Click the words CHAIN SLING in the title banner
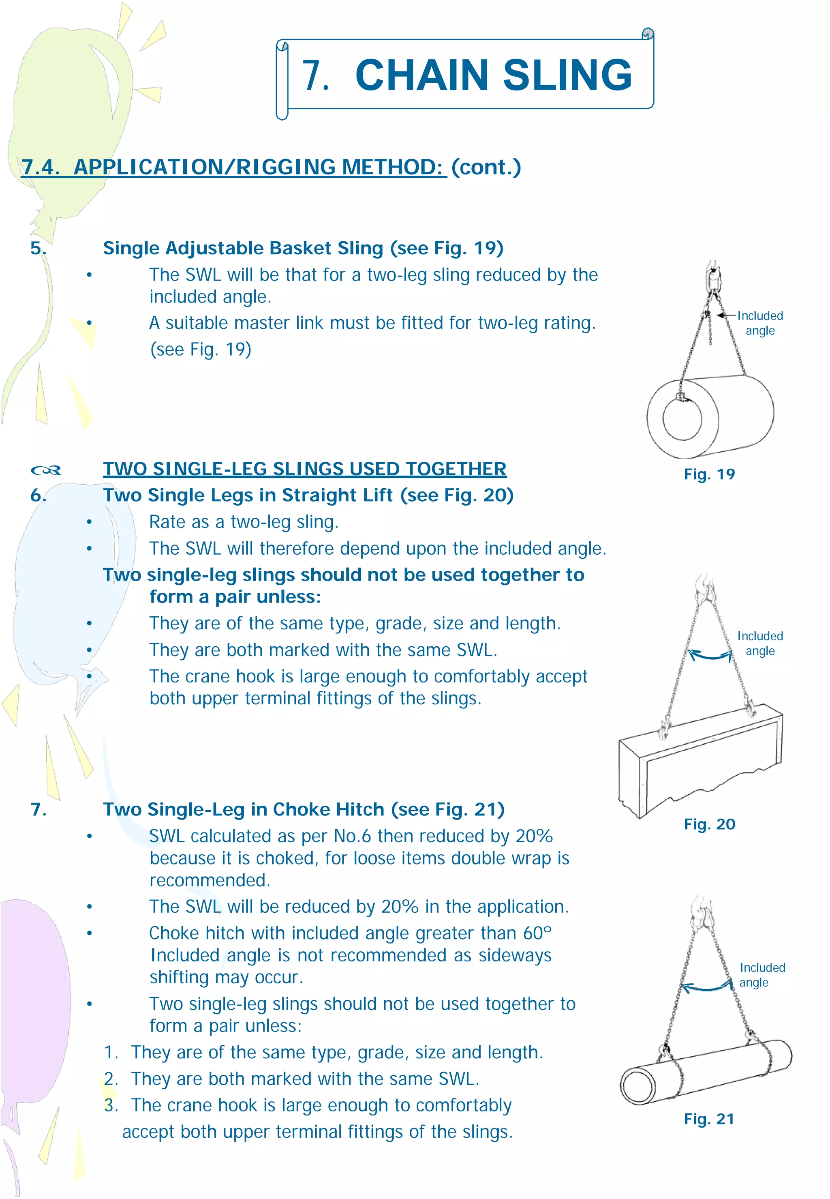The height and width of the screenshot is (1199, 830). [x=493, y=75]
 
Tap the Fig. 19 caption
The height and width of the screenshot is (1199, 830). [x=709, y=474]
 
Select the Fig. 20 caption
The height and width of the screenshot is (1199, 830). [x=709, y=824]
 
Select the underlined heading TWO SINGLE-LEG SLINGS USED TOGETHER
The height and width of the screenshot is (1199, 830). [x=304, y=469]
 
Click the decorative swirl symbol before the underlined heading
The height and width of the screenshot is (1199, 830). [x=46, y=471]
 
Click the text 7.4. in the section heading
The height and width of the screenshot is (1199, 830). [x=41, y=167]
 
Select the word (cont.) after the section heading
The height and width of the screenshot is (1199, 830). [x=486, y=167]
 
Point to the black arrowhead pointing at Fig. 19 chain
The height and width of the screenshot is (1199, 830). [x=721, y=315]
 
